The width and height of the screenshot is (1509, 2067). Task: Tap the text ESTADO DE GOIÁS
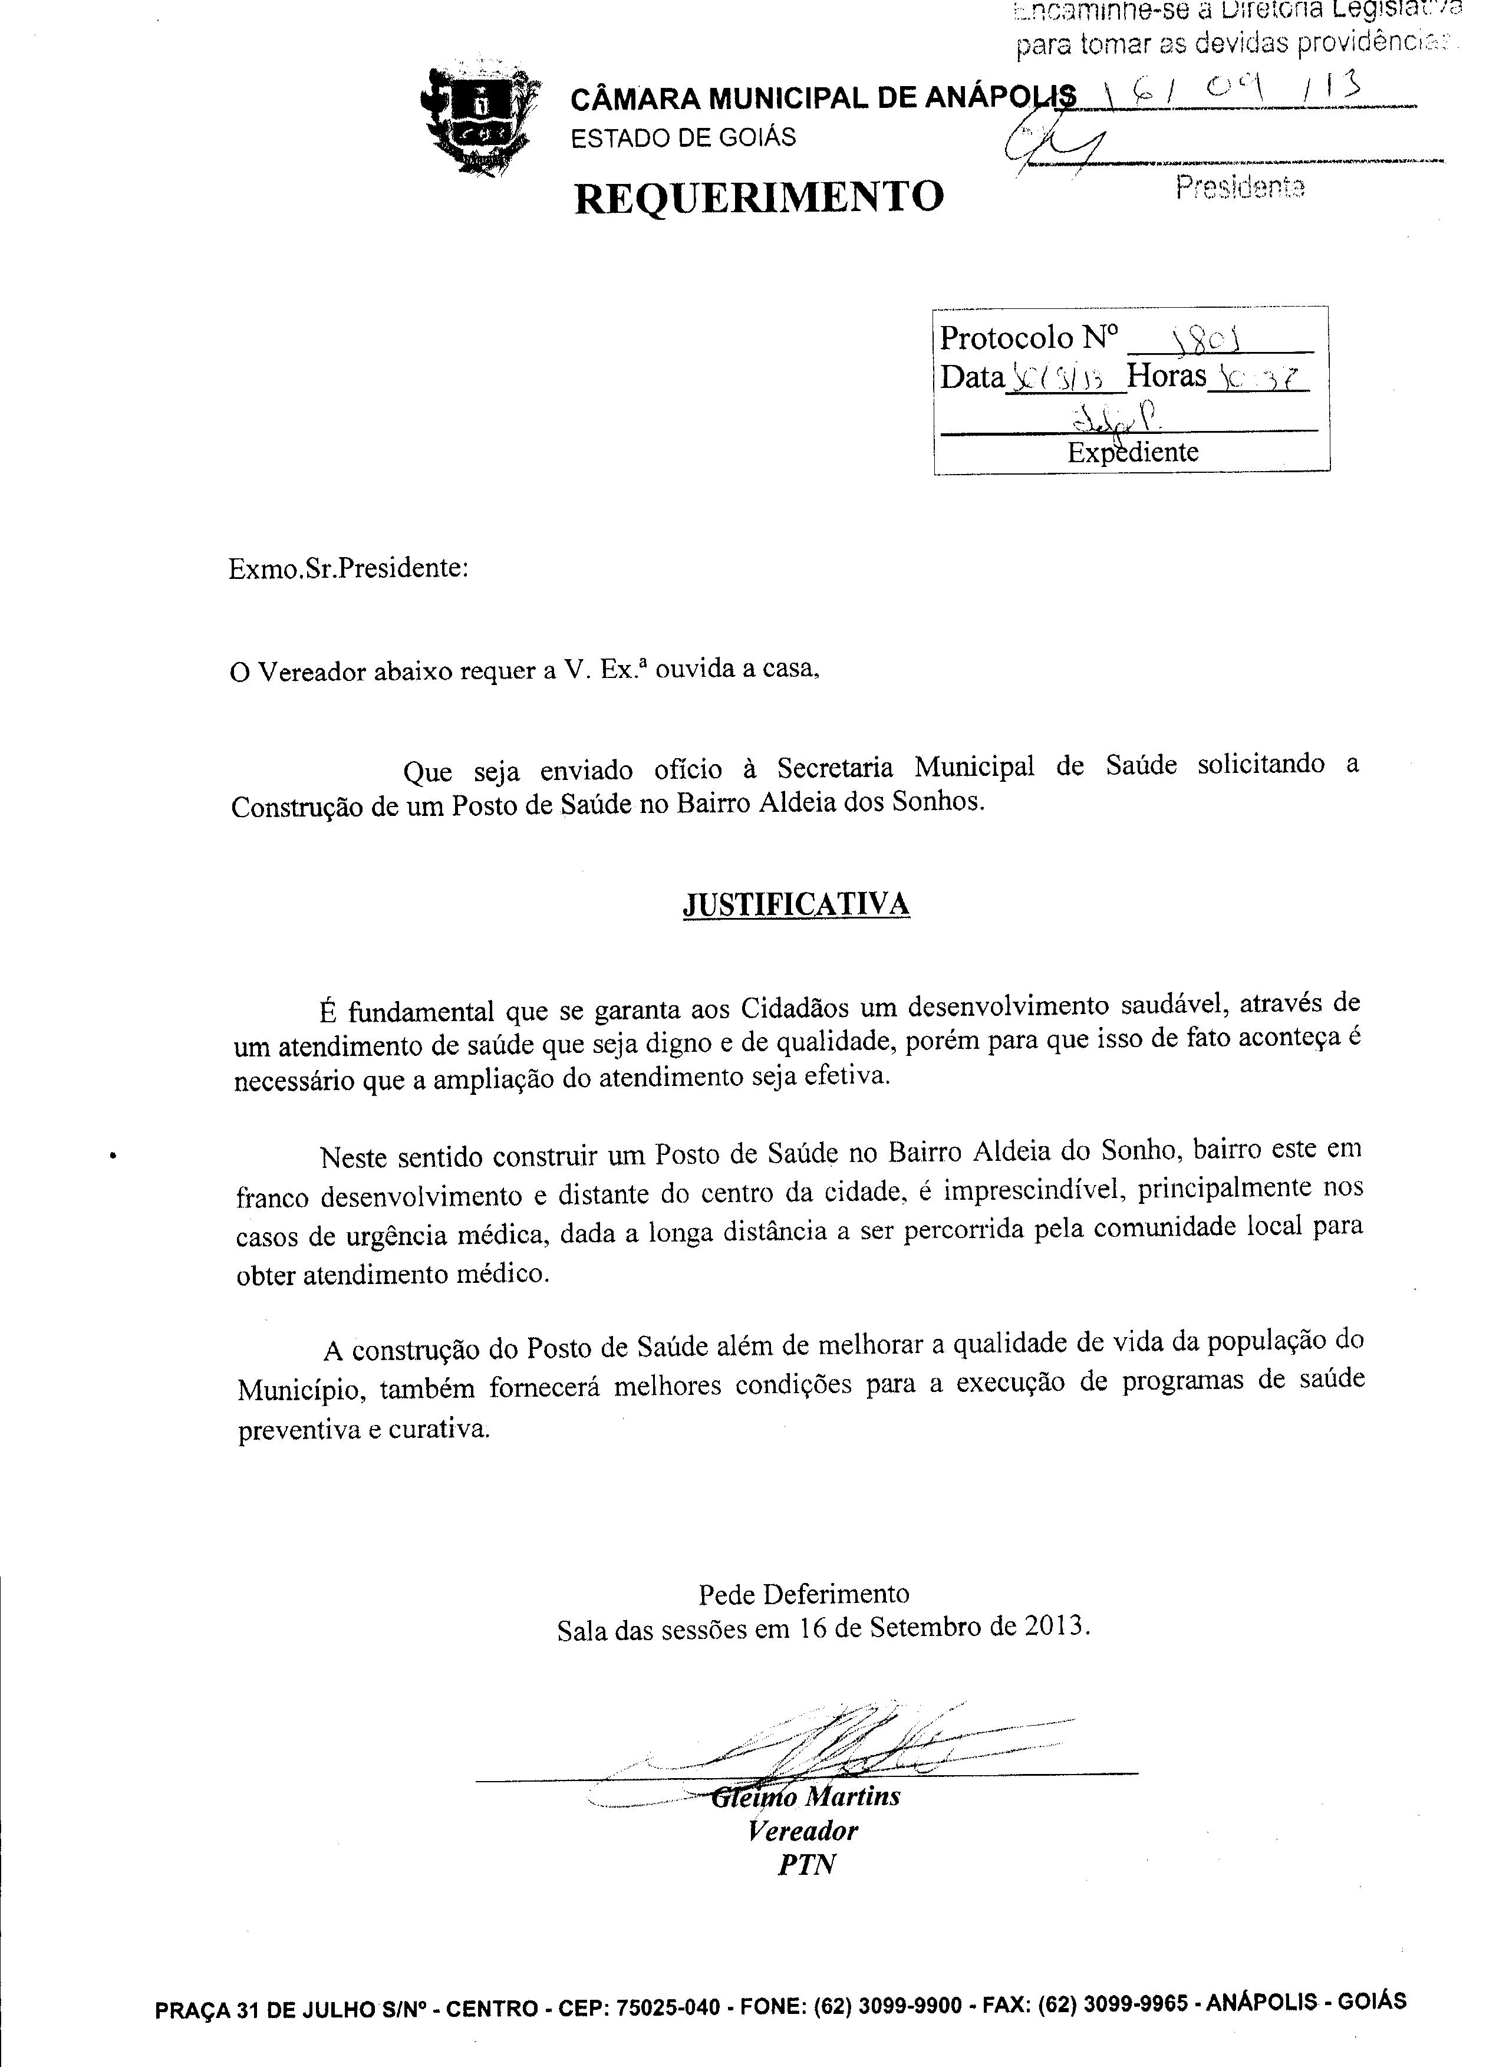click(683, 138)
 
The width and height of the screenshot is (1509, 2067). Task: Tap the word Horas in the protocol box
click(1167, 376)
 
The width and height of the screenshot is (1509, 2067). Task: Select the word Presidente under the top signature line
click(1240, 187)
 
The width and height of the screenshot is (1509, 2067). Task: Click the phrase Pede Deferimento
click(804, 1594)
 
